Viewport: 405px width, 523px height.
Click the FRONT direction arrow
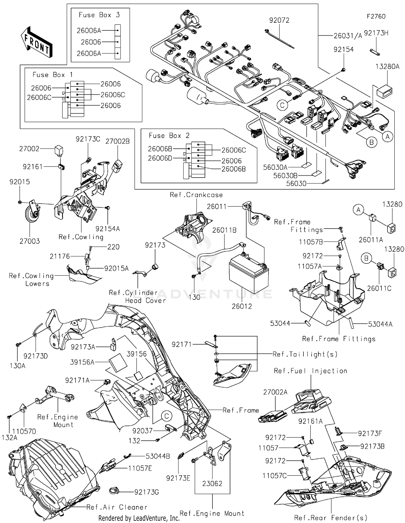pos(36,42)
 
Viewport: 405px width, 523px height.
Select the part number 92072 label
pos(279,20)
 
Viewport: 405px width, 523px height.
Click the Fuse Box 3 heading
pos(99,15)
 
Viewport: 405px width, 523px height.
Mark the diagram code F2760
pos(376,16)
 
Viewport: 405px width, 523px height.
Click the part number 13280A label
pos(387,67)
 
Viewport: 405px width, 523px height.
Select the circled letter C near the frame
pos(167,416)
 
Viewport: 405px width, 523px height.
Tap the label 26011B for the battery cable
pos(224,230)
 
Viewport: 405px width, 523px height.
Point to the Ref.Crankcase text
pos(196,195)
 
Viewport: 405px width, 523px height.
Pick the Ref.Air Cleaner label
pos(117,507)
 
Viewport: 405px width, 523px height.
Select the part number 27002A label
pos(275,392)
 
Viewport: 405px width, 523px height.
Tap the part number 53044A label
pos(380,324)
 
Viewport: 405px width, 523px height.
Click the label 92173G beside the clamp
pos(146,492)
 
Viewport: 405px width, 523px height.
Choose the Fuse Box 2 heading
pos(169,135)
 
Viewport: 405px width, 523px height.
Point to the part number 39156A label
pos(82,362)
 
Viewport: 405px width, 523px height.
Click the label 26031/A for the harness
pos(347,36)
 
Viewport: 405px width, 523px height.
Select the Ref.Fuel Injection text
pos(310,371)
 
